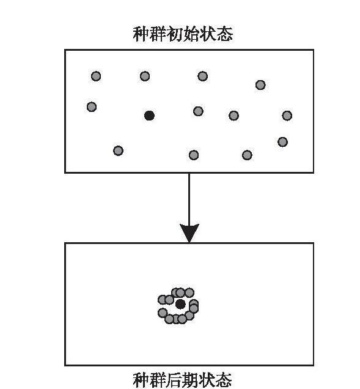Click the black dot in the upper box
[x=149, y=116]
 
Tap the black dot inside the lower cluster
[x=180, y=304]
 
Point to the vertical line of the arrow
[x=189, y=199]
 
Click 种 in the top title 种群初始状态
[x=141, y=34]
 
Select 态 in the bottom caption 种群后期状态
[x=224, y=380]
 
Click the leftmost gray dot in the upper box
[x=92, y=107]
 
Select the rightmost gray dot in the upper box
[x=287, y=116]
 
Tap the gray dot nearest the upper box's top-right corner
[x=260, y=85]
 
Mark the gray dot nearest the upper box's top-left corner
[x=96, y=76]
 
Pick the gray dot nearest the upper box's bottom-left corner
[x=118, y=150]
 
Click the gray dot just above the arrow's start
[x=194, y=155]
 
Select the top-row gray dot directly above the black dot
[x=145, y=76]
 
